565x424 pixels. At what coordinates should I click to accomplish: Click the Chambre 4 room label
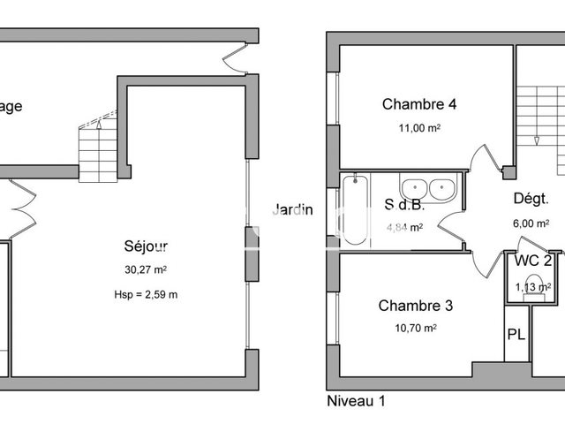pyautogui.click(x=419, y=104)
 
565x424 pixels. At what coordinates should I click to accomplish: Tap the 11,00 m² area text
pyautogui.click(x=419, y=128)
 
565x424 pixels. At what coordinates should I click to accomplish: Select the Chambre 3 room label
pyautogui.click(x=416, y=306)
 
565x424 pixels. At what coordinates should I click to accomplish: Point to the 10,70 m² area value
pyautogui.click(x=416, y=328)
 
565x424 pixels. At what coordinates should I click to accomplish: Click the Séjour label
pyautogui.click(x=146, y=246)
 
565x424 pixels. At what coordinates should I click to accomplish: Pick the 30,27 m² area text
pyautogui.click(x=146, y=270)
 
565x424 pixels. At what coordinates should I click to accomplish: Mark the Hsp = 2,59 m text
pyautogui.click(x=146, y=294)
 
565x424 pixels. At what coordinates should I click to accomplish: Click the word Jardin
pyautogui.click(x=292, y=210)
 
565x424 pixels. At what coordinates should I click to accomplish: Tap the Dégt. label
pyautogui.click(x=531, y=199)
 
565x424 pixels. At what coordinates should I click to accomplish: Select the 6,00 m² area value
pyautogui.click(x=531, y=223)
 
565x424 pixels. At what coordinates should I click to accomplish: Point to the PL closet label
pyautogui.click(x=516, y=335)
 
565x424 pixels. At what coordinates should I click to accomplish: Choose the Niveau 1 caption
pyautogui.click(x=357, y=401)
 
